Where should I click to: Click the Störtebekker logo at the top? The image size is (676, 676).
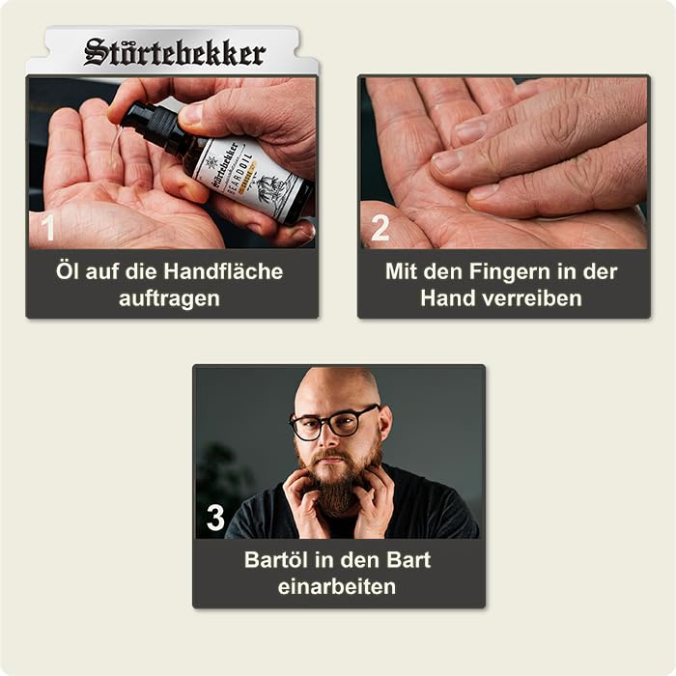tap(174, 52)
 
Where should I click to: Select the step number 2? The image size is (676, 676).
tap(380, 227)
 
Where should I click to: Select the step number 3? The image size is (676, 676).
tap(214, 518)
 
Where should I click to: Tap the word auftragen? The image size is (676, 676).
tap(171, 298)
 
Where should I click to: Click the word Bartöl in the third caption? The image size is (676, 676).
tap(279, 559)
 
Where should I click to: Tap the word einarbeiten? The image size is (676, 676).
tap(337, 586)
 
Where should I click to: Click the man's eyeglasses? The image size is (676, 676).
tap(334, 424)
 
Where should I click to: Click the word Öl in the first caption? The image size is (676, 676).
tap(68, 271)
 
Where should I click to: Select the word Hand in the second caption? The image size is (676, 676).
tap(444, 298)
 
